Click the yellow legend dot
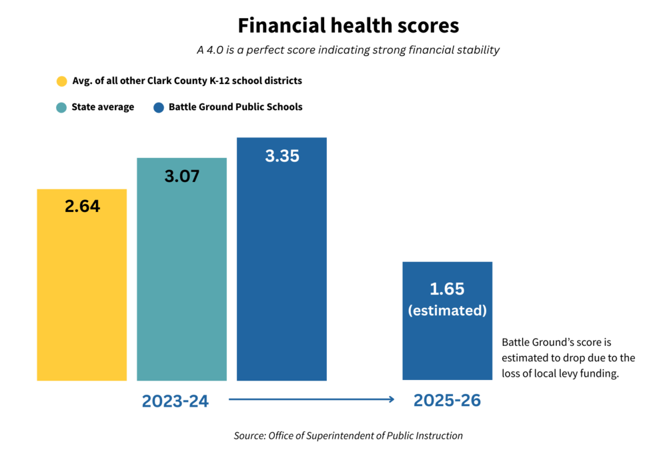[x=61, y=81]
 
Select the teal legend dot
[x=61, y=107]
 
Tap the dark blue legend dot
[x=159, y=107]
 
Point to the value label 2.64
[x=82, y=207]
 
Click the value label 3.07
[x=181, y=177]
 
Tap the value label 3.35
[x=282, y=156]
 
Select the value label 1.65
[x=447, y=289]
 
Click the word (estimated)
[x=447, y=311]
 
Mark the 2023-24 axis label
[x=175, y=401]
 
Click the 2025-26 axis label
[x=447, y=401]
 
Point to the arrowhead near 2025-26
[x=393, y=399]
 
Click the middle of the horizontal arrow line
[x=310, y=399]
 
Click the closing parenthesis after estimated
[x=484, y=311]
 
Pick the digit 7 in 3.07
[x=193, y=177]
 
